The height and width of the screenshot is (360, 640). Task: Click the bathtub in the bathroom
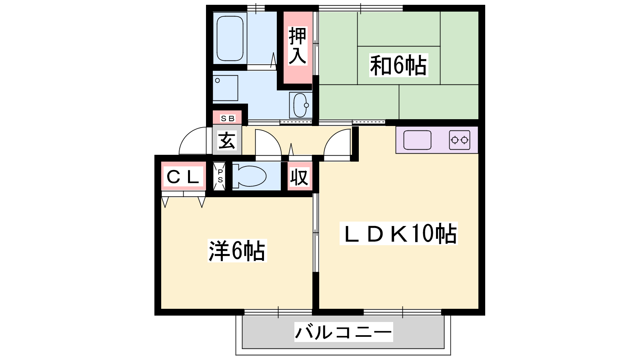tap(230, 38)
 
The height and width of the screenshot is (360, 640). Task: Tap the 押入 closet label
tap(298, 46)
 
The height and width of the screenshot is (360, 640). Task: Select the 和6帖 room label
tap(398, 66)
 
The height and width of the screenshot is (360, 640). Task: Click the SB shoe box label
tap(228, 118)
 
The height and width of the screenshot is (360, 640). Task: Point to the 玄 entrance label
tap(227, 140)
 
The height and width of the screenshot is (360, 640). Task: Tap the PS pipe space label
tap(220, 176)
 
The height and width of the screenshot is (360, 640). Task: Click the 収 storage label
tap(299, 177)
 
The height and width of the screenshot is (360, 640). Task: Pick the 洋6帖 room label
tap(237, 251)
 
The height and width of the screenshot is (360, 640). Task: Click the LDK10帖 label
tap(398, 234)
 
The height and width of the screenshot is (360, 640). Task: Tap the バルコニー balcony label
tap(344, 332)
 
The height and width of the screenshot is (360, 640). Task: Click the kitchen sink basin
tap(417, 140)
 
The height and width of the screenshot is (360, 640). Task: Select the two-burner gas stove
tap(460, 140)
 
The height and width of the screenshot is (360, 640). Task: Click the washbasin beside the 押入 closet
tap(300, 105)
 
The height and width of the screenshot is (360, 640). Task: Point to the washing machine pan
tap(225, 88)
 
